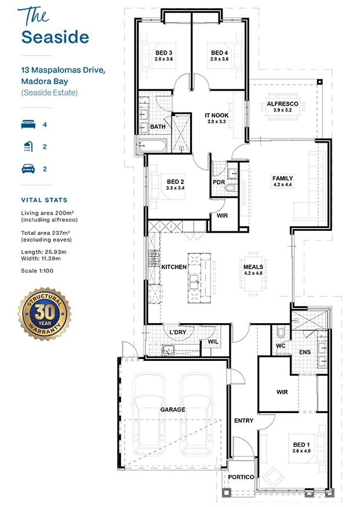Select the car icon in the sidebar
(27, 169)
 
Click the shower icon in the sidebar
(27, 147)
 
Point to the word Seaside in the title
(55, 37)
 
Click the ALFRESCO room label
(282, 104)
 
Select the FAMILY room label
(282, 179)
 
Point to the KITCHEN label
(174, 267)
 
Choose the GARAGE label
(173, 410)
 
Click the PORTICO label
(241, 477)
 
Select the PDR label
(219, 182)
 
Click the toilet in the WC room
(281, 332)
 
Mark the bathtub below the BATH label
(151, 145)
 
